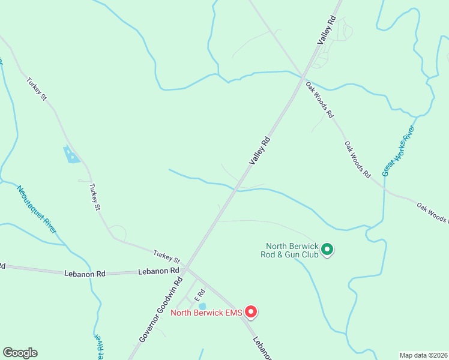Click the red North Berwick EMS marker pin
pos(252,311)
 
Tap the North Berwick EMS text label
pos(207,312)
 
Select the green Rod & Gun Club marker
pos(327,249)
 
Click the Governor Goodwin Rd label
pos(160,310)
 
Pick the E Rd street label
pos(199,295)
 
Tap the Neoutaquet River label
pos(37,209)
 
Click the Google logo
pos(20,353)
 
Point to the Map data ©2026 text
pos(423,355)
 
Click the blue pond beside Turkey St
pos(71,155)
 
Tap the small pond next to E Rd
pos(202,307)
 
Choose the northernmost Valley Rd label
pos(327,31)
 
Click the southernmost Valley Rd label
pos(260,151)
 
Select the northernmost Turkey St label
pos(36,88)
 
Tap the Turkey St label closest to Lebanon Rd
pos(166,256)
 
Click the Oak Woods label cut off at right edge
pos(432,213)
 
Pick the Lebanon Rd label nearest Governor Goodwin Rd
pos(151,271)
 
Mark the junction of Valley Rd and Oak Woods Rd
pos(302,77)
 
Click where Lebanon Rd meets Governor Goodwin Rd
pos(185,268)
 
